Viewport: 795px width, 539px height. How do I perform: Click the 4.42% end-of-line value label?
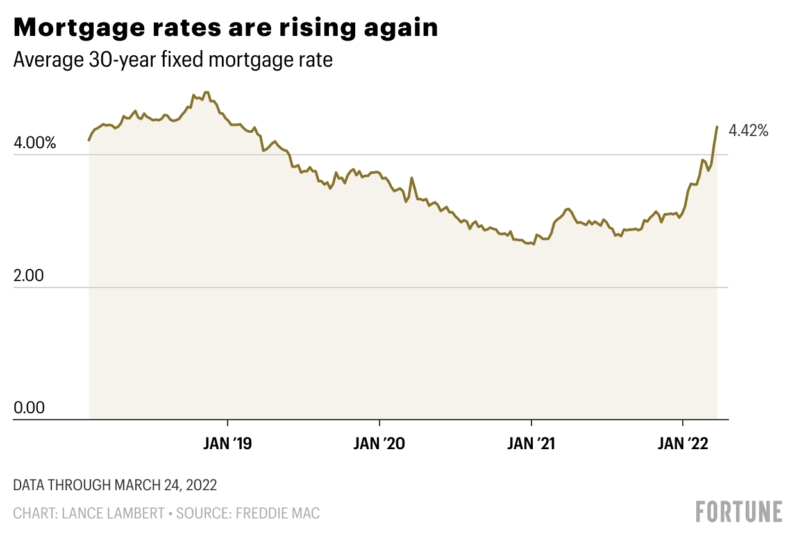(748, 132)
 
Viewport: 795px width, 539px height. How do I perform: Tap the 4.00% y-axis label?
(35, 144)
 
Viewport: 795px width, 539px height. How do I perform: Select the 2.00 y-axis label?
(29, 277)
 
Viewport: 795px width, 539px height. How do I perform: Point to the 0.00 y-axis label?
(29, 408)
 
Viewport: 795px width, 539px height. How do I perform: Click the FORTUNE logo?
(739, 511)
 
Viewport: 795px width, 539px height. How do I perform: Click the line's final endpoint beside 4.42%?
(717, 127)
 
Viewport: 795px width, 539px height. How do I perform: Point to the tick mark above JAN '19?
(228, 424)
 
